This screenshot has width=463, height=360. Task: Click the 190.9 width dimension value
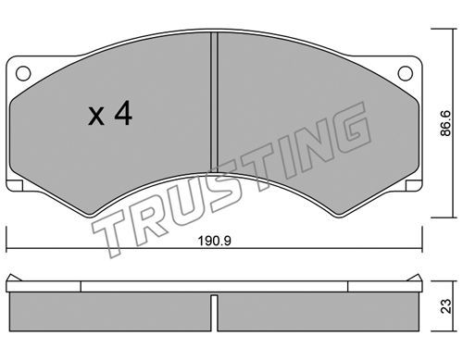pyautogui.click(x=214, y=241)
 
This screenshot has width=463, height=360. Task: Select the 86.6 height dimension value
pyautogui.click(x=445, y=123)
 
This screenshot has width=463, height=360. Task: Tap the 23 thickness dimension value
pyautogui.click(x=445, y=306)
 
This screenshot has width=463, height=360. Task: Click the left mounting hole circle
pyautogui.click(x=23, y=73)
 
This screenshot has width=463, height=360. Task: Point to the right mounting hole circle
pyautogui.click(x=406, y=73)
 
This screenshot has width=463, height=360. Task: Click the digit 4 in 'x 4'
pyautogui.click(x=123, y=114)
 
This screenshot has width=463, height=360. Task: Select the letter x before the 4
pyautogui.click(x=96, y=117)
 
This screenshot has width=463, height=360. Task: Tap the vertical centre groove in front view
pyautogui.click(x=214, y=102)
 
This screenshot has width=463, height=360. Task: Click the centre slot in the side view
pyautogui.click(x=214, y=313)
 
